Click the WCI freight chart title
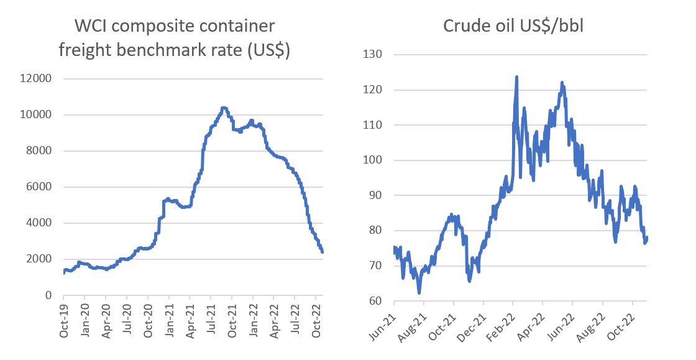(175, 38)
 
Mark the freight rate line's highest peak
(224, 108)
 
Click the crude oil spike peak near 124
(516, 77)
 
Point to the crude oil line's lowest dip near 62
(419, 292)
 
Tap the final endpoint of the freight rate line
(323, 252)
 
